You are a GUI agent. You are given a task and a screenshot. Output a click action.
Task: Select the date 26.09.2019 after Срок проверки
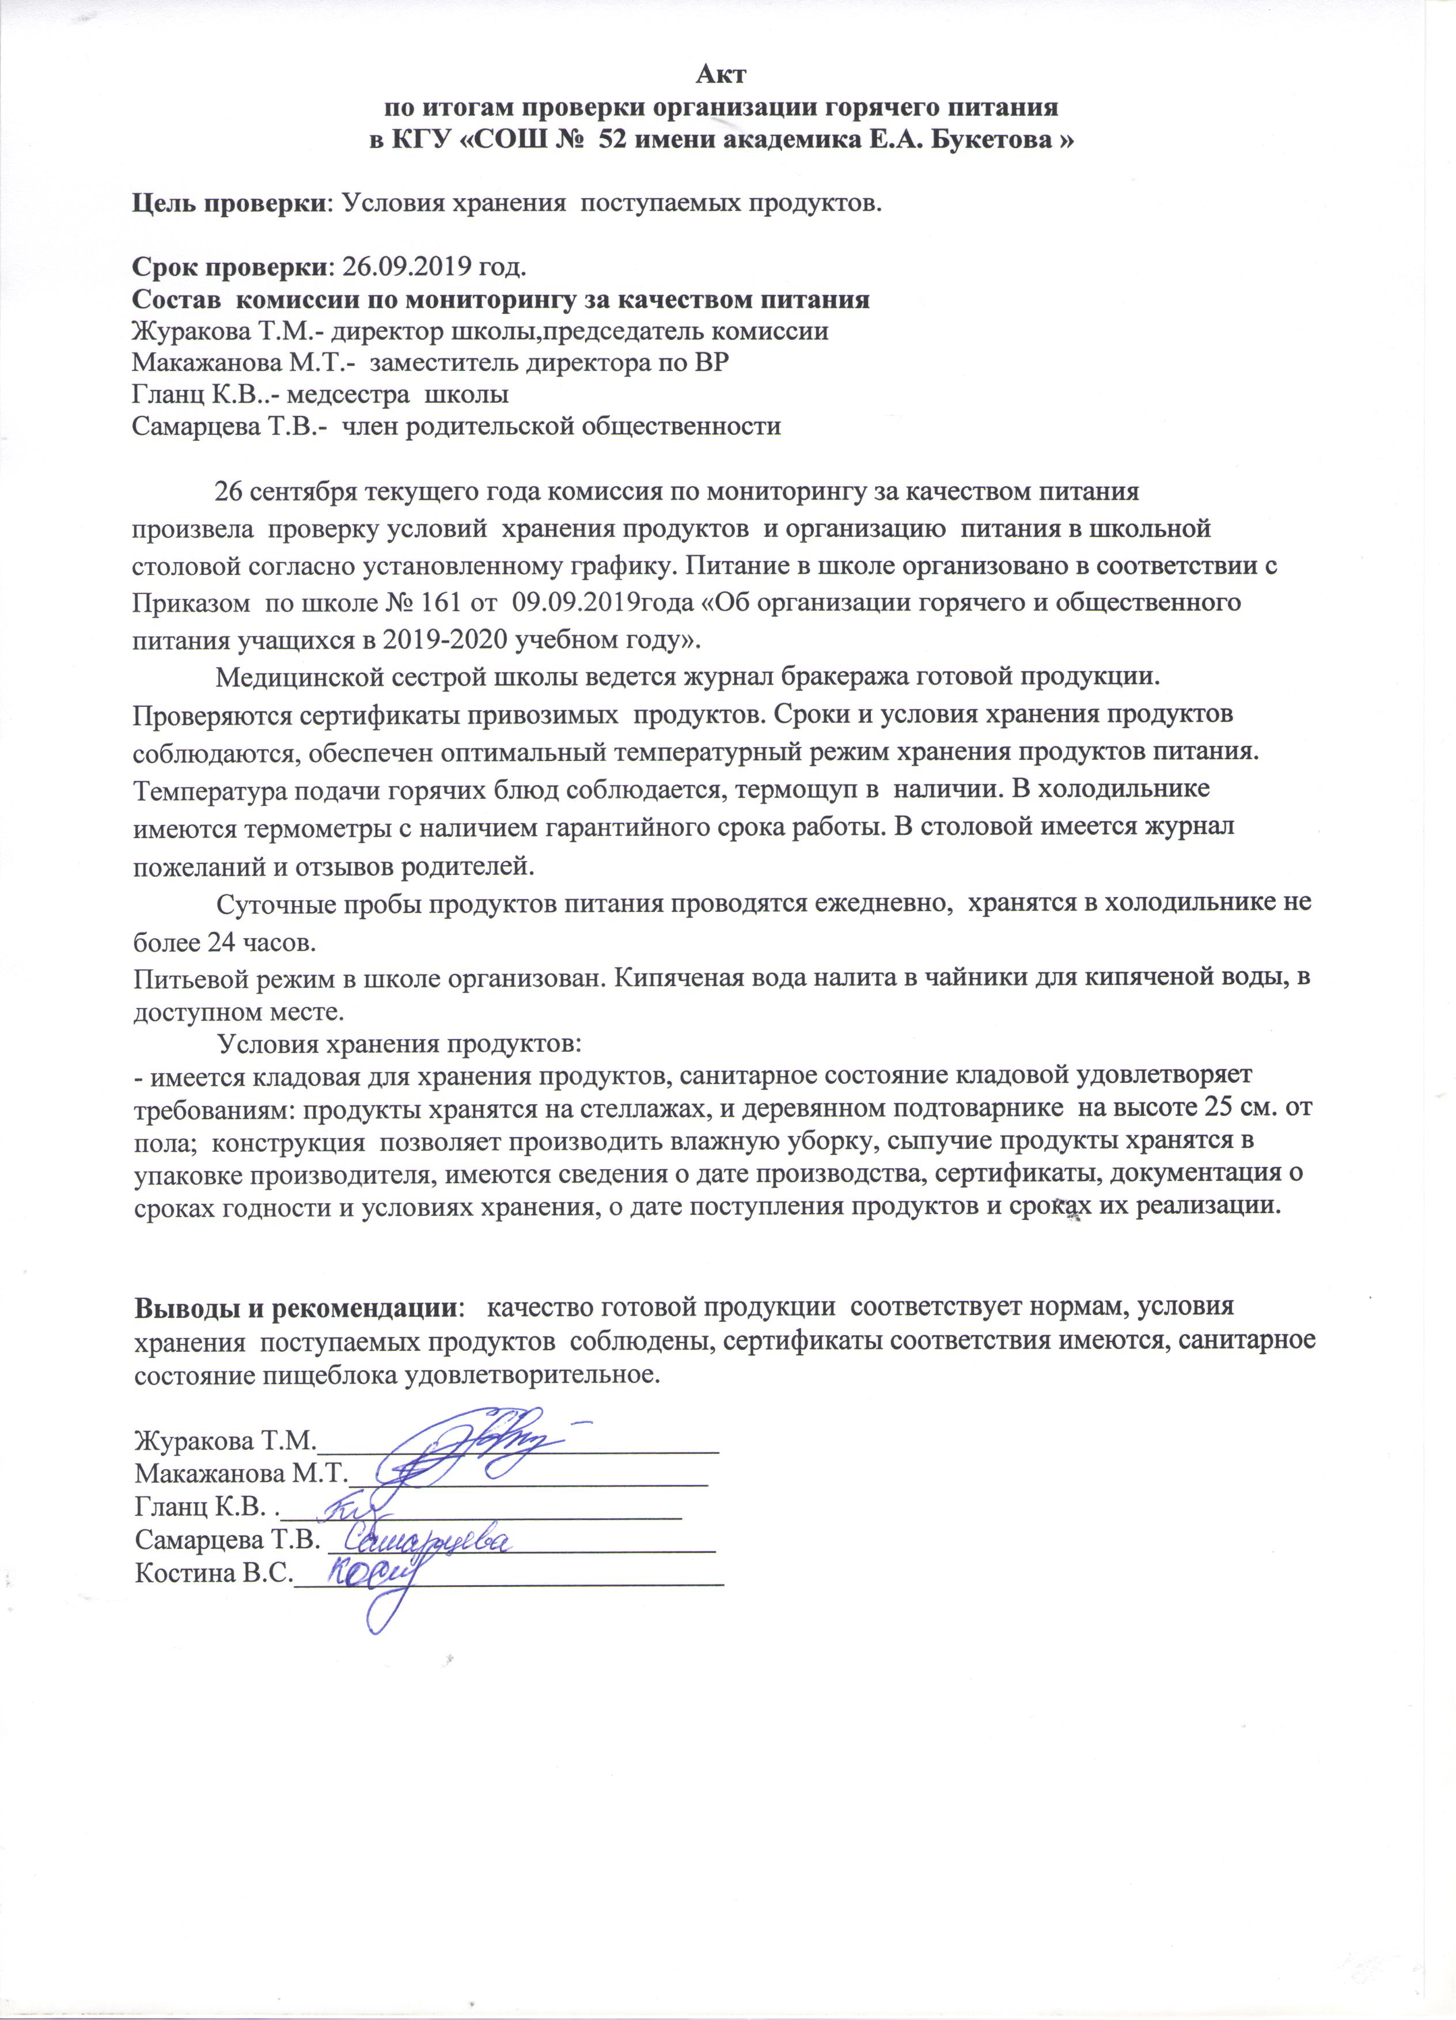click(x=407, y=266)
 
